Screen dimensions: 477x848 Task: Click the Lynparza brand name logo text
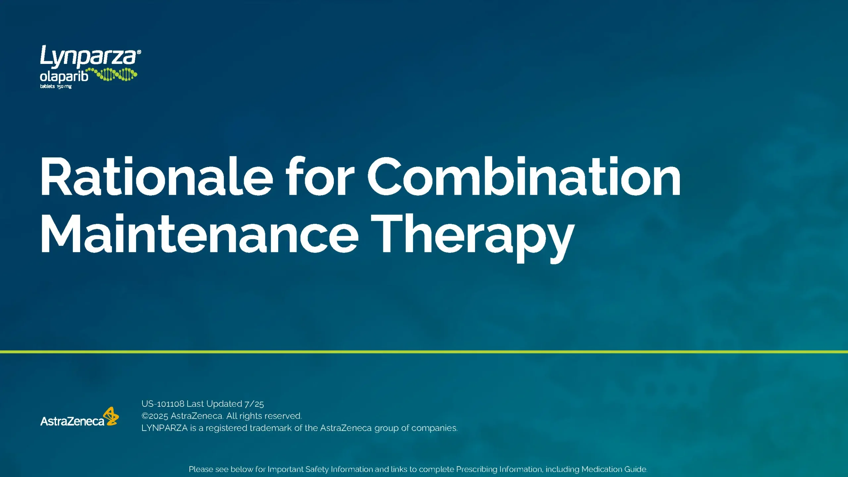click(x=88, y=56)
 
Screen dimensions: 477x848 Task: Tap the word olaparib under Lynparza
click(x=64, y=77)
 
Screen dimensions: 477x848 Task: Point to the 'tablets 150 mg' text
click(x=56, y=86)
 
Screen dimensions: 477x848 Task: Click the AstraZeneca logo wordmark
click(x=72, y=421)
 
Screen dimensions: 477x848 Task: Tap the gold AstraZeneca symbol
click(x=111, y=416)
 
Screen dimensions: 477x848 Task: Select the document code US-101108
click(x=163, y=404)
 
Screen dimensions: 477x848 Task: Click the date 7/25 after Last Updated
click(x=254, y=404)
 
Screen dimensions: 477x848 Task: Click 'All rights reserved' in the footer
click(x=264, y=416)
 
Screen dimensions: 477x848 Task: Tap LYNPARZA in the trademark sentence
click(x=164, y=428)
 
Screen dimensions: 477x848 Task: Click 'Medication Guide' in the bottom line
click(x=614, y=469)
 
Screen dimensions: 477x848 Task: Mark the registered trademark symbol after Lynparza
click(x=139, y=52)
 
